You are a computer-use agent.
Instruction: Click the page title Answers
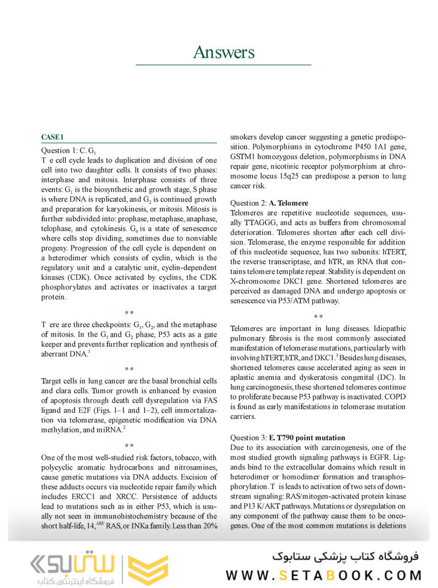pos(223,52)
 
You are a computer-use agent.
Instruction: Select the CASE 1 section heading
pos(52,137)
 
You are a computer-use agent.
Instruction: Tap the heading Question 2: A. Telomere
pos(269,203)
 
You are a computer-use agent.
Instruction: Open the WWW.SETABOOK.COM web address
pos(324,575)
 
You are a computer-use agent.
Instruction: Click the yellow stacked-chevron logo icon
pos(148,570)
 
